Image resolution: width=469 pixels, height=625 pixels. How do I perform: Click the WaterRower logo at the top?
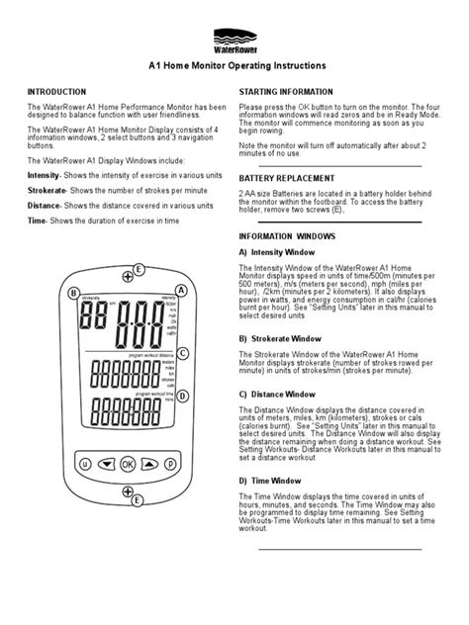tap(234, 43)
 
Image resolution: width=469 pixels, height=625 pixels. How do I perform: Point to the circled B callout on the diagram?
tap(72, 293)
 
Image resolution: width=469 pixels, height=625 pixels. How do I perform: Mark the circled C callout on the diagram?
tap(184, 353)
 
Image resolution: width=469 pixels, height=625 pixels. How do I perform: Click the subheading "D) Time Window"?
tap(271, 480)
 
